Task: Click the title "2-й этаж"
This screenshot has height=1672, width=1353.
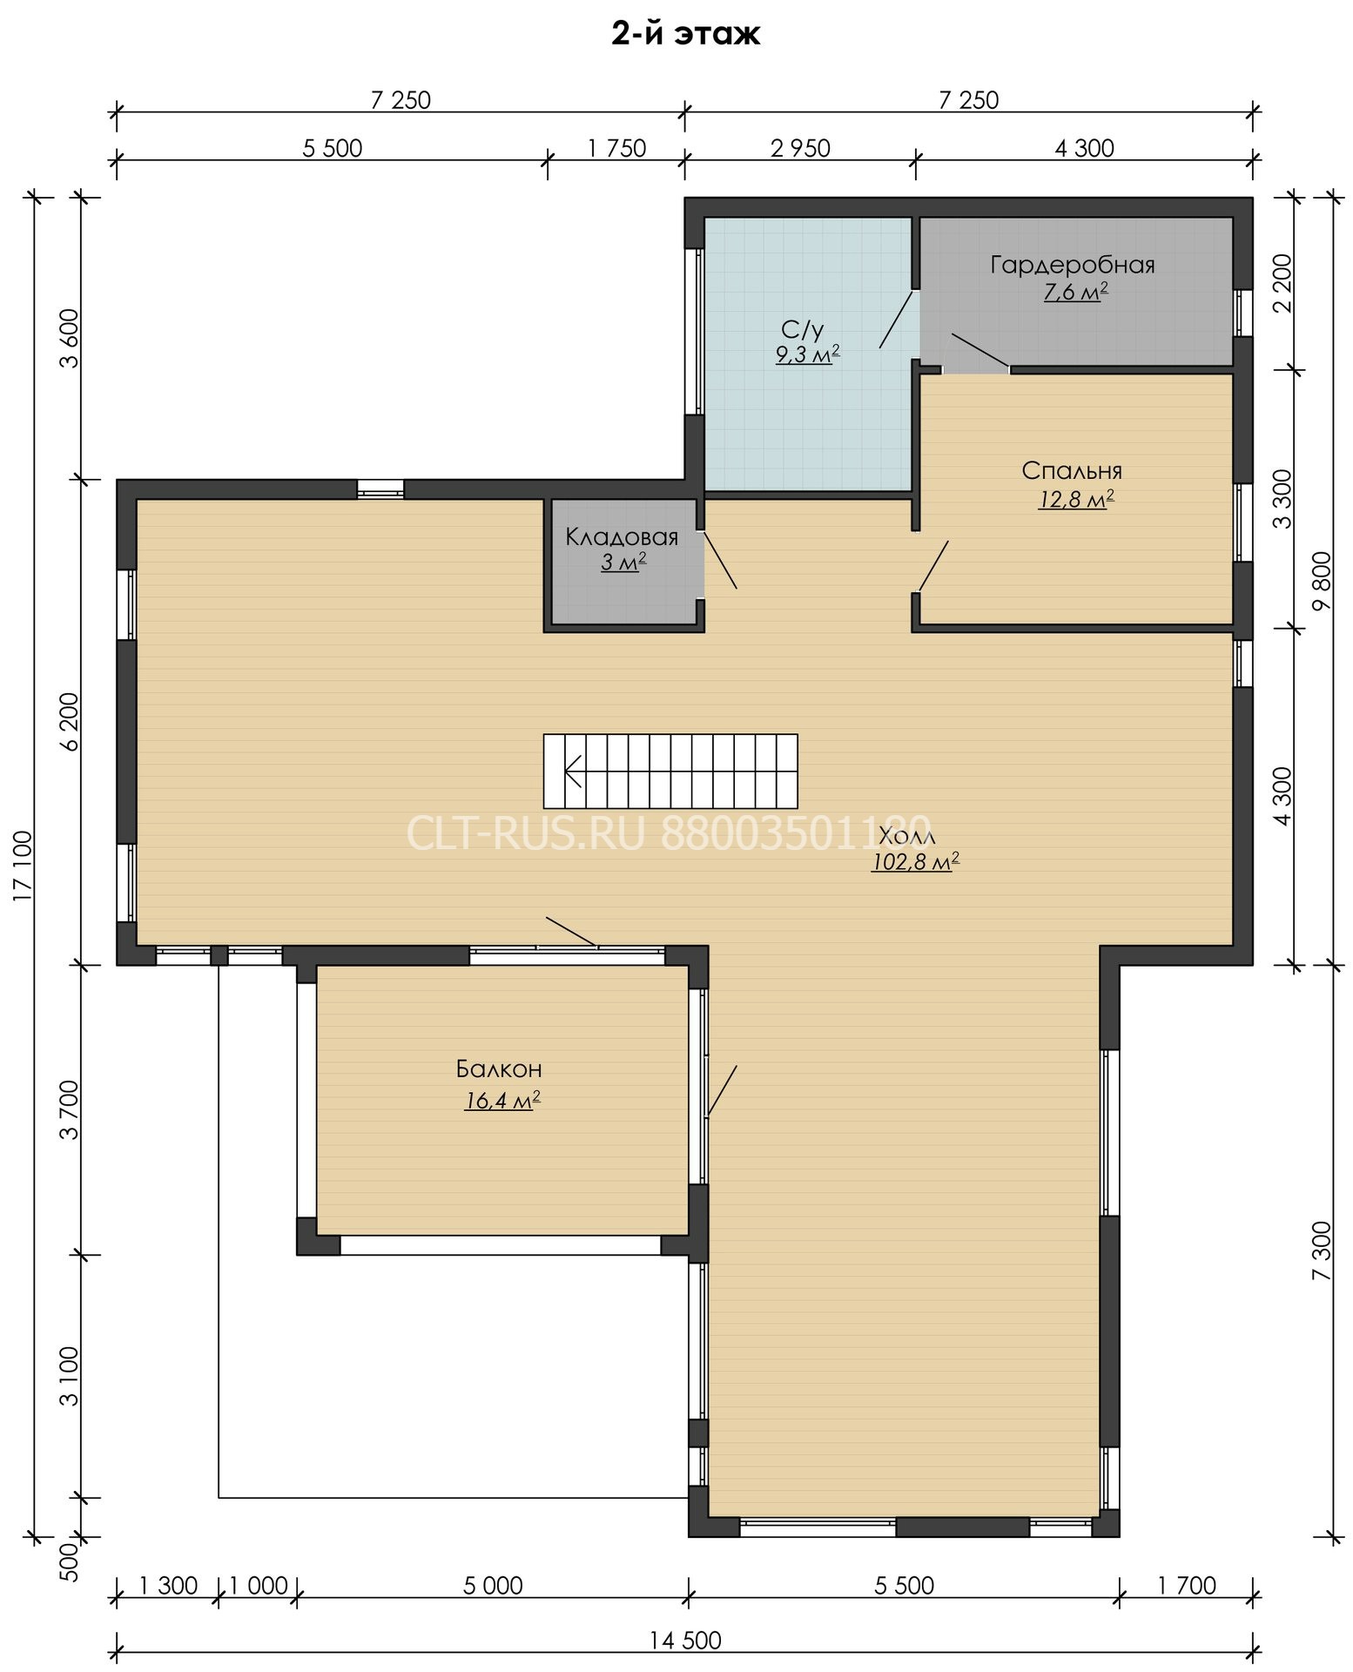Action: [x=685, y=35]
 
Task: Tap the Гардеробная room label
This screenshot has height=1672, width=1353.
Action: [x=1073, y=265]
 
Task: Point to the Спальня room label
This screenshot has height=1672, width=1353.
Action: [x=1072, y=471]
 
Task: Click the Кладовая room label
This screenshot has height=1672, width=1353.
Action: [x=622, y=536]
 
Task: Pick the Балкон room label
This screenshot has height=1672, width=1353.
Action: [x=499, y=1069]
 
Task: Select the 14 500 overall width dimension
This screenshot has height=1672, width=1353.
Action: [x=685, y=1641]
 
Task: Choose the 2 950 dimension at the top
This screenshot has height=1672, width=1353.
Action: [x=800, y=148]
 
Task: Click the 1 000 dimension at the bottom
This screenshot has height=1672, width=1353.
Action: [x=258, y=1585]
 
